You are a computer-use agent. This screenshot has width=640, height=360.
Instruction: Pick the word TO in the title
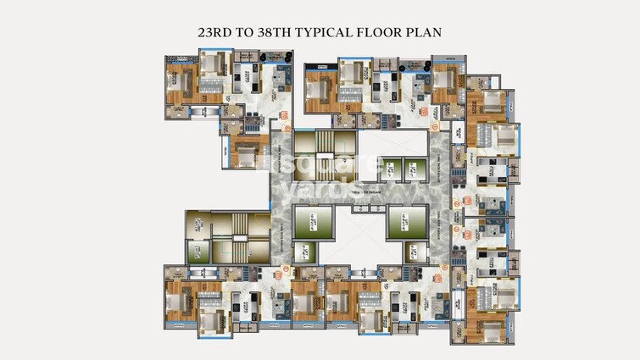pos(248,32)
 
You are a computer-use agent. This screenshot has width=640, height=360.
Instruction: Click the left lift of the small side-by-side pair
pos(391,168)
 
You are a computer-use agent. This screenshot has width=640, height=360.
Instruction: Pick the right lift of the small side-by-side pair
pos(413,168)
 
